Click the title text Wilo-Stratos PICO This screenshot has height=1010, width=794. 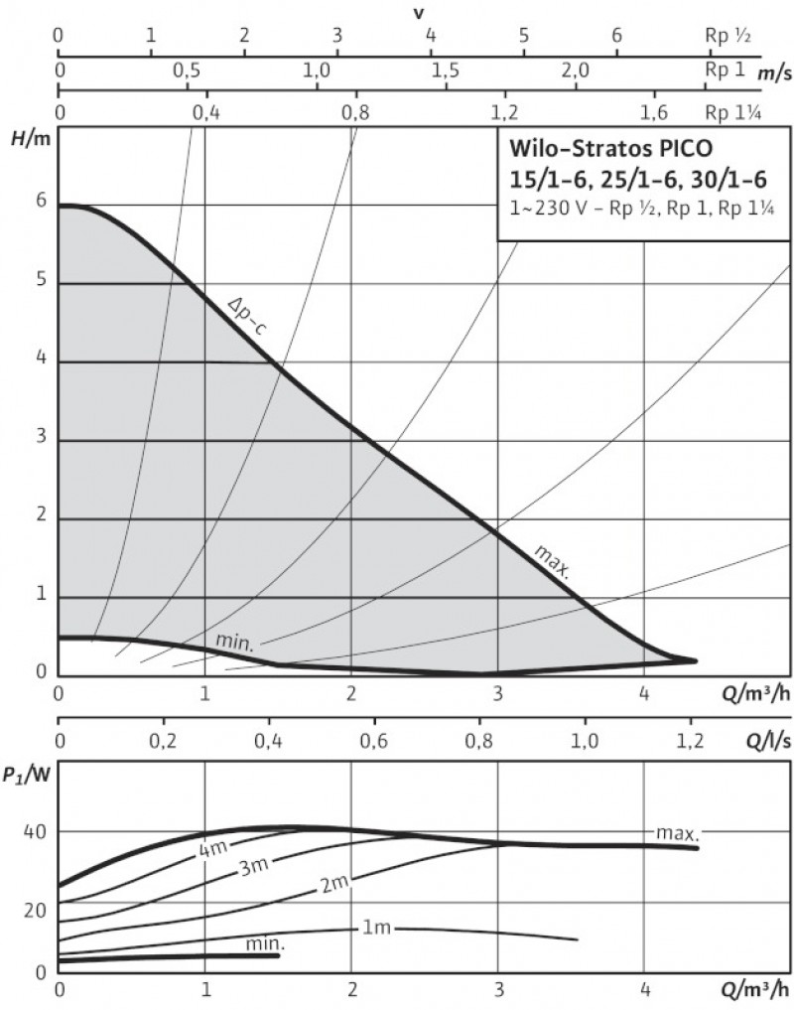610,151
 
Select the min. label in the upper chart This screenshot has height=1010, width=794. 235,643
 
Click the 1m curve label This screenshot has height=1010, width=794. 376,929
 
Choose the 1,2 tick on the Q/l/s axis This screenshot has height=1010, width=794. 691,739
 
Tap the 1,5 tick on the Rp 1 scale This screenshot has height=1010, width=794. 446,72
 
